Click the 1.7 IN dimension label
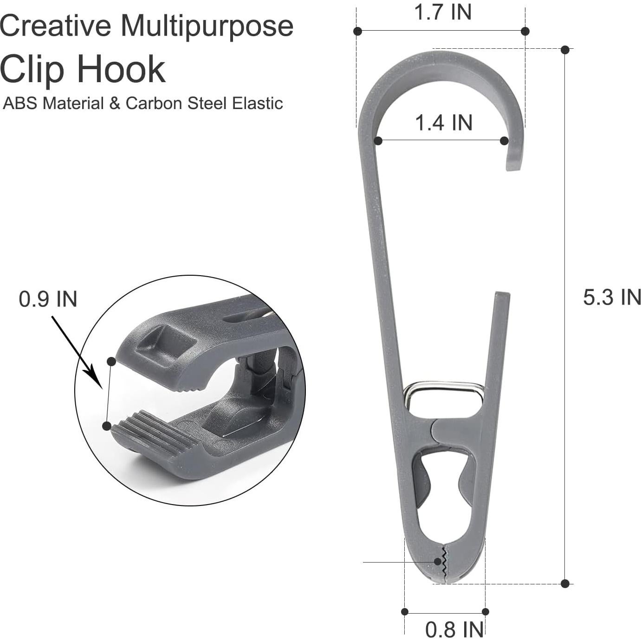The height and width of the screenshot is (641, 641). tap(442, 12)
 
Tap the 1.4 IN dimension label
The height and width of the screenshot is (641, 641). tap(443, 123)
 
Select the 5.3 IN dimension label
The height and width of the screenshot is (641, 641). tap(611, 297)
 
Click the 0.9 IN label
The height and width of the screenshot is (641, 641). tap(48, 299)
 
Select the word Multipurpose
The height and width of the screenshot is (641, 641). tap(207, 26)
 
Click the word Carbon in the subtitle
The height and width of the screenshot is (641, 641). tap(154, 103)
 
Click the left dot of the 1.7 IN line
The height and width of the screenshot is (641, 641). tap(357, 31)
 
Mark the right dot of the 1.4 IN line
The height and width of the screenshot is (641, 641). tap(505, 141)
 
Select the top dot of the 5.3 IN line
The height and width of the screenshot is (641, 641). tap(565, 50)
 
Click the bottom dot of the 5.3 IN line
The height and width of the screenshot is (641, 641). tap(565, 583)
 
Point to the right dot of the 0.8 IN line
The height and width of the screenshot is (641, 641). tap(485, 612)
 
